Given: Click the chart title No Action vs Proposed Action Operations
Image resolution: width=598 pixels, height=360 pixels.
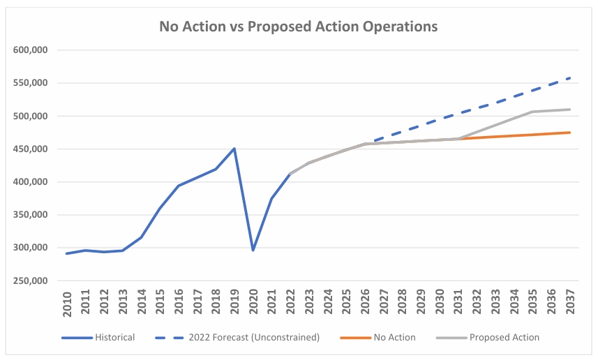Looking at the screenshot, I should [x=299, y=27].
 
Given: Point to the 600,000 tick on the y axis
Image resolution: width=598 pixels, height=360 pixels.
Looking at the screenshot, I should [x=30, y=50].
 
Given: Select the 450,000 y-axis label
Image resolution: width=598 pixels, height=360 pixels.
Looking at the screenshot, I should [x=30, y=149].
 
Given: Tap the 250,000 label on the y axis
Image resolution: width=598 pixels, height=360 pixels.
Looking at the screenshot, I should [x=30, y=281].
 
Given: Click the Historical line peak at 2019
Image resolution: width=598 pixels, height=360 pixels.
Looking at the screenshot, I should [x=234, y=149].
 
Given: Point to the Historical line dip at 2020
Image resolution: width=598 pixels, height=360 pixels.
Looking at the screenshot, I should [x=253, y=250].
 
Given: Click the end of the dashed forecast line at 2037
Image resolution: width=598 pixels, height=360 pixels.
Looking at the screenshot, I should [x=570, y=77].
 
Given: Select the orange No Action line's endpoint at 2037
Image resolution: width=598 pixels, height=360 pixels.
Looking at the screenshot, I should [x=570, y=133].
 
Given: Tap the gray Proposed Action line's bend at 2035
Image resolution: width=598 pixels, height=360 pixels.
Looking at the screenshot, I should [x=532, y=112].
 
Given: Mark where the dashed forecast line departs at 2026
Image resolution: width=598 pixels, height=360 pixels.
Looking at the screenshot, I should [x=365, y=144].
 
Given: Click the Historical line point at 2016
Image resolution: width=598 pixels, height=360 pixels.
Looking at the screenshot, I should [x=179, y=186].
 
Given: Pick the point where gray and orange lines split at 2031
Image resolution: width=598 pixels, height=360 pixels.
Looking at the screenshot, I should [x=458, y=139].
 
